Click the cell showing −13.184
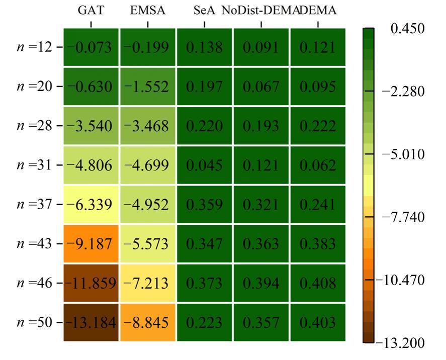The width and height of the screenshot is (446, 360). tap(92, 322)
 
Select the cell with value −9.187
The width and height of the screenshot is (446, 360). tap(92, 244)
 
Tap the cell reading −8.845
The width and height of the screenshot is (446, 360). tap(148, 322)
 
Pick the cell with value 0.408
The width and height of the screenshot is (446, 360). tap(317, 283)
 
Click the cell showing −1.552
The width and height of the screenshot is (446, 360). tap(148, 86)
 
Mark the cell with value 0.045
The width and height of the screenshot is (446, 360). tap(204, 165)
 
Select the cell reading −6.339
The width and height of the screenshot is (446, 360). tap(92, 204)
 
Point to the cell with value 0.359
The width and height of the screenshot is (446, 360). tap(204, 204)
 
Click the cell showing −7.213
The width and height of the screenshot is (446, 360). tap(148, 283)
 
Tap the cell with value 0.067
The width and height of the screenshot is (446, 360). tap(260, 86)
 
